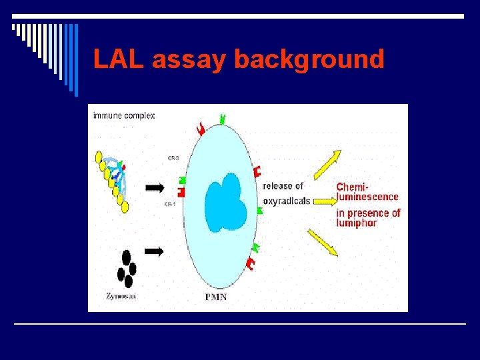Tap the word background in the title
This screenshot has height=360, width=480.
(309, 59)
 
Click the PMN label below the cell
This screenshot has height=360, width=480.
(215, 297)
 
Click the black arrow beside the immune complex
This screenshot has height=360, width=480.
(154, 187)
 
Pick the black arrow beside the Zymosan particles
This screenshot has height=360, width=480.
(154, 251)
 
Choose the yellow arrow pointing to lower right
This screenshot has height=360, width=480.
(323, 242)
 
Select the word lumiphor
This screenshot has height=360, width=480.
(357, 223)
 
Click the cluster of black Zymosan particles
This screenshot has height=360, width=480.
(126, 268)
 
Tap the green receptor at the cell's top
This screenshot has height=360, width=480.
(223, 119)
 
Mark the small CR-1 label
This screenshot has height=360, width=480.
(169, 205)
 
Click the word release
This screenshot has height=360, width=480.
(277, 186)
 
